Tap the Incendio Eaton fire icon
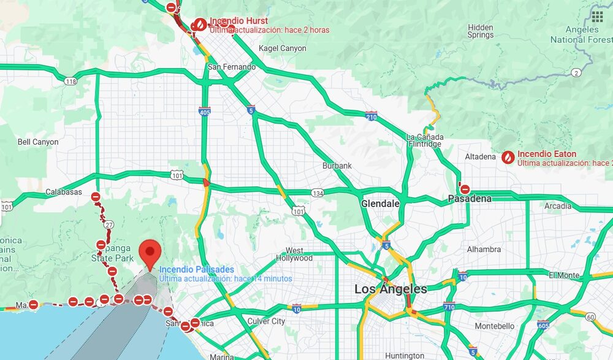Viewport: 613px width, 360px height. pos(508,158)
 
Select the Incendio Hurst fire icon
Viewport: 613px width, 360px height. pos(200,25)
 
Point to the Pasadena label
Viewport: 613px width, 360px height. pos(470,199)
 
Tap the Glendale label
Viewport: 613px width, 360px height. pos(381,203)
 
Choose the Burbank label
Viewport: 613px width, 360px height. pos(337,166)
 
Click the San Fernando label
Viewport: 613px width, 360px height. pos(232,67)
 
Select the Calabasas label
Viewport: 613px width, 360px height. pos(64,192)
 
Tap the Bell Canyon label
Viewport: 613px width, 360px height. pos(38,142)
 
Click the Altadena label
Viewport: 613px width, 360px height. pos(481,157)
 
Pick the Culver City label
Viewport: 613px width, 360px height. pos(266,321)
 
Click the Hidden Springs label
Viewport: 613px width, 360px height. pos(481,31)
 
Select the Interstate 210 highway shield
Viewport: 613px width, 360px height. pos(371,116)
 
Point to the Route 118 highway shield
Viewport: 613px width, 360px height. pos(71,82)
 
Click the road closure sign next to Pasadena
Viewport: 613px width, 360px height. pos(465,190)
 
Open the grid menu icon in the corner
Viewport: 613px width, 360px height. pos(598,17)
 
